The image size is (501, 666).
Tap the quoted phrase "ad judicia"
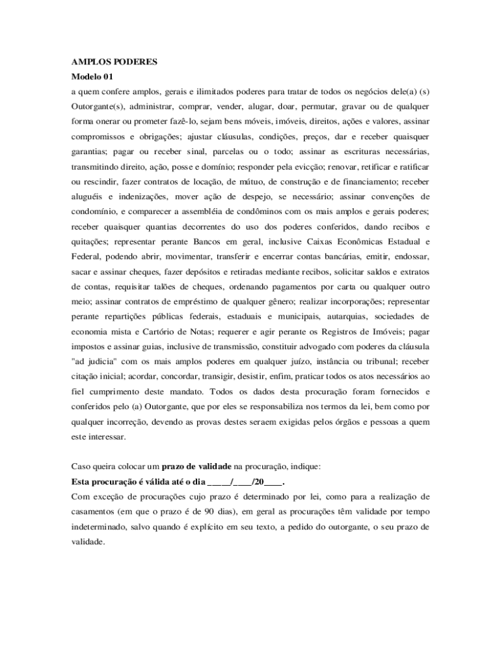coord(94,361)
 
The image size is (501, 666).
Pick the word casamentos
coord(96,512)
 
